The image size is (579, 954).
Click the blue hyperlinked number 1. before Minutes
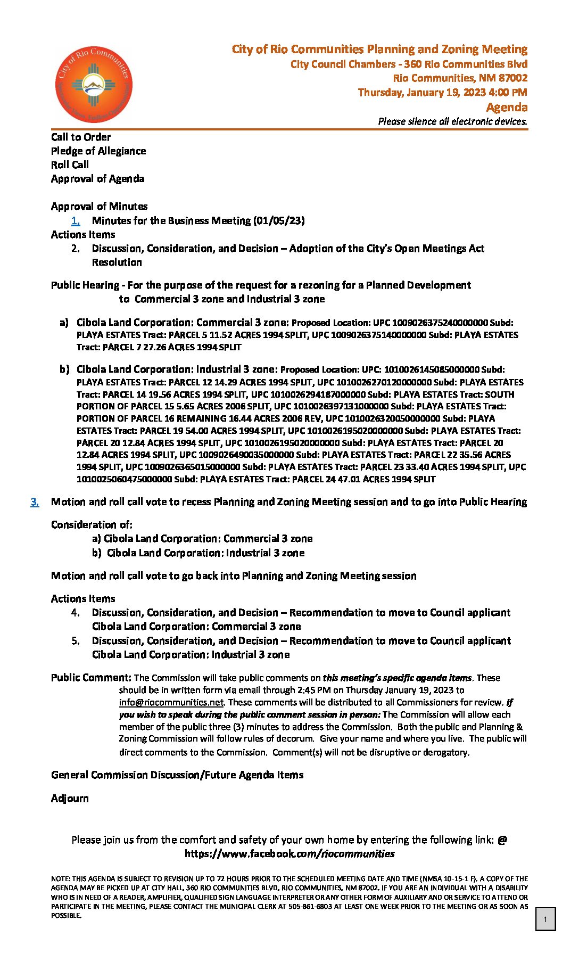(76, 221)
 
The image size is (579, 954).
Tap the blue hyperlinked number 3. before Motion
(35, 502)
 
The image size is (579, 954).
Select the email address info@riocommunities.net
(171, 702)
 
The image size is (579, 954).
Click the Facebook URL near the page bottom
(289, 854)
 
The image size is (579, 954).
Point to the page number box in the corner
(545, 919)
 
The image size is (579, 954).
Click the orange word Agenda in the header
(507, 108)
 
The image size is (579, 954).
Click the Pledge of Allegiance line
(98, 151)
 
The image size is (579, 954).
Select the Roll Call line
(70, 165)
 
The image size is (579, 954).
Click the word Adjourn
(70, 799)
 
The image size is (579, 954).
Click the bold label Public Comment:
(91, 678)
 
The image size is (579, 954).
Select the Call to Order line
(81, 137)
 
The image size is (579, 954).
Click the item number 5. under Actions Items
(76, 641)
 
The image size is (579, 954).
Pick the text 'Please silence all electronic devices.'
(452, 121)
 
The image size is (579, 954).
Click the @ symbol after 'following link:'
(502, 840)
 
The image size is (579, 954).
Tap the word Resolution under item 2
(117, 262)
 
